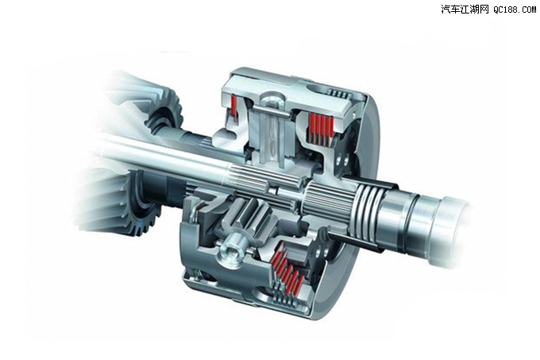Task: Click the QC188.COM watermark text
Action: [515, 10]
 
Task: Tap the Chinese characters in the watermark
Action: [465, 10]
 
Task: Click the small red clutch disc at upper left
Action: [234, 105]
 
